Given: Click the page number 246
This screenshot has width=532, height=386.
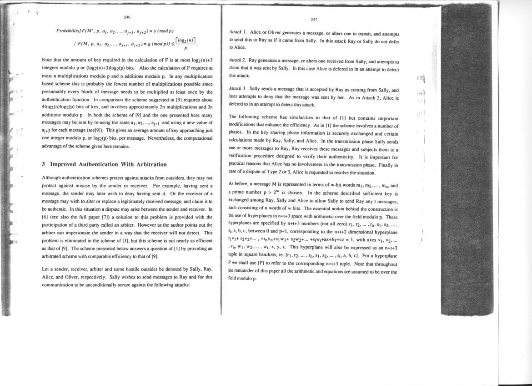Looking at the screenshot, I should pyautogui.click(x=127, y=17).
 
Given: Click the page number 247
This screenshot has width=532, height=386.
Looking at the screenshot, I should pyautogui.click(x=314, y=19).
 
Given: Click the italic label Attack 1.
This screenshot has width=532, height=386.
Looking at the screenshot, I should pyautogui.click(x=238, y=33).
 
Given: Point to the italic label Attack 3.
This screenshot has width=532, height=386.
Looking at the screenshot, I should pyautogui.click(x=238, y=90).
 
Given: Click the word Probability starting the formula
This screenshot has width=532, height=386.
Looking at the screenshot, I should pyautogui.click(x=68, y=30).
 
